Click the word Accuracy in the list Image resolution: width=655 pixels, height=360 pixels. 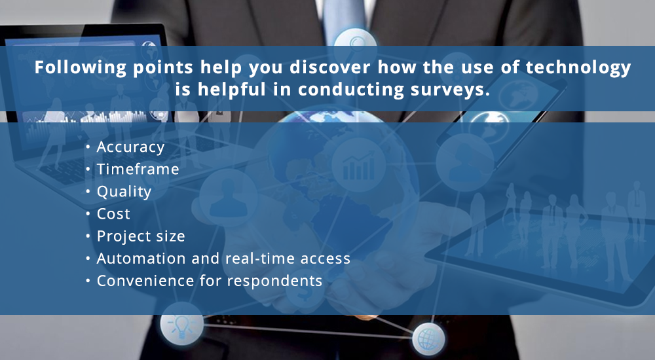coord(130,147)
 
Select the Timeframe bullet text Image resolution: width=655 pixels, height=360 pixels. coord(138,170)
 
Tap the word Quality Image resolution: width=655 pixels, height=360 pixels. coord(124,192)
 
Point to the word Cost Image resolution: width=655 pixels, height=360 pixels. coord(113,214)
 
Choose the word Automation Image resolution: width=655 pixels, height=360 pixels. coord(143,259)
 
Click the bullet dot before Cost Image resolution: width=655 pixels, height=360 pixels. coord(89,214)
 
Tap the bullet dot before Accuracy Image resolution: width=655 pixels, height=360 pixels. coord(89,147)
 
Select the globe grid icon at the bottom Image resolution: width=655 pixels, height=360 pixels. coord(428,339)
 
